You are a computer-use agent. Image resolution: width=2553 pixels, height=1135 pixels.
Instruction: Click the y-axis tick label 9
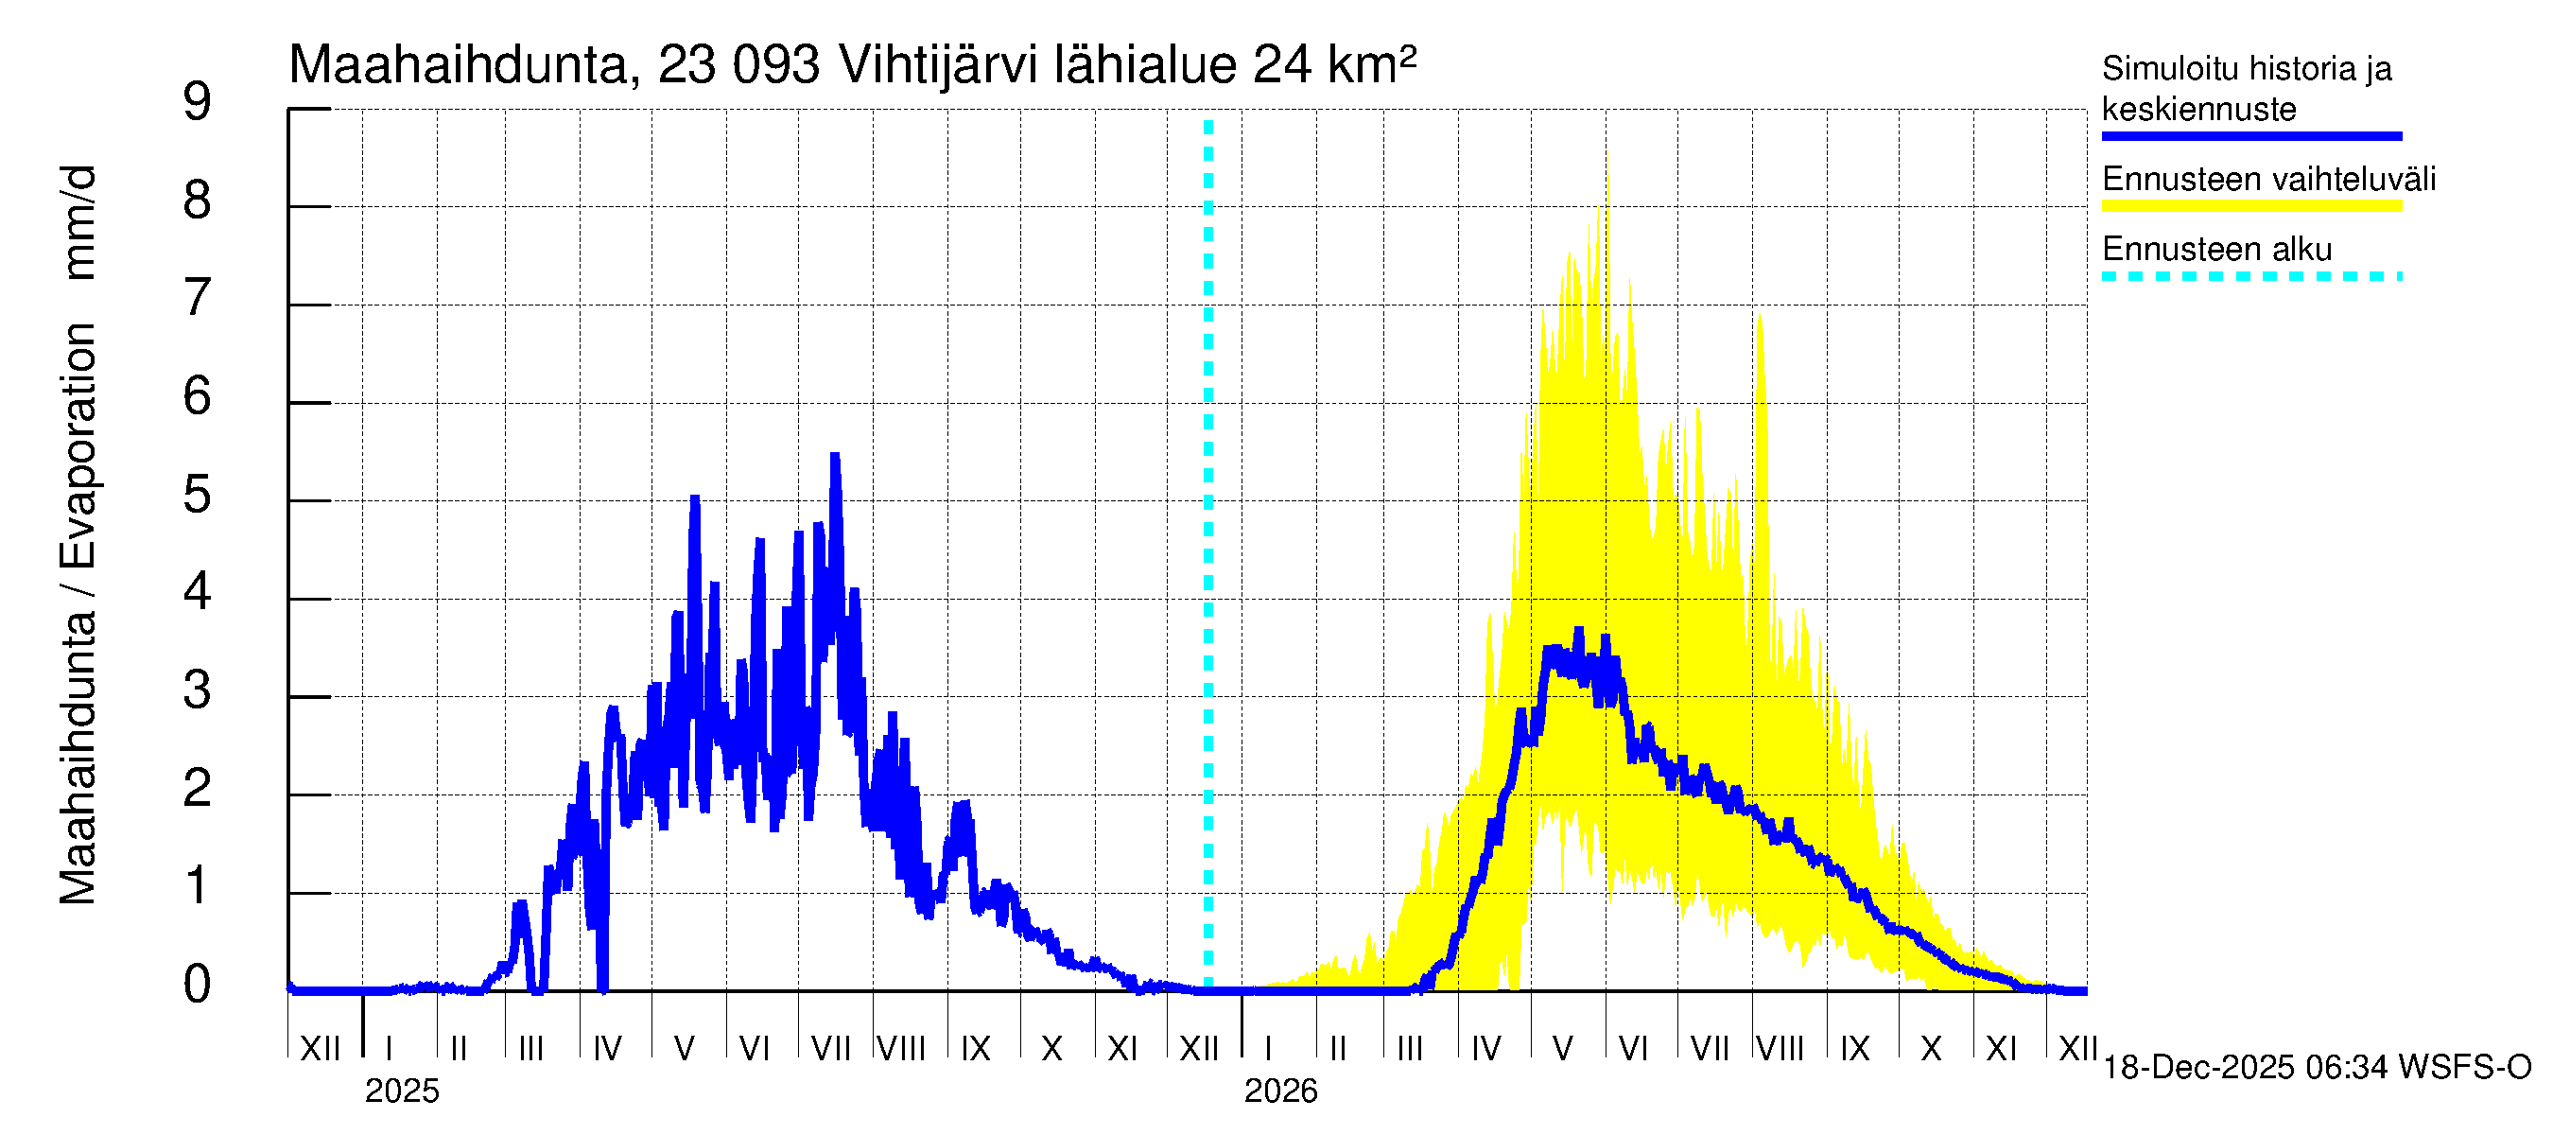tap(198, 102)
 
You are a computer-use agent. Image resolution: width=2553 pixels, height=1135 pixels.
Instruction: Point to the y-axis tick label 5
tap(198, 495)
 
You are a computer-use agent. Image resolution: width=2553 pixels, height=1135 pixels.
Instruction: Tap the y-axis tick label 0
tap(198, 985)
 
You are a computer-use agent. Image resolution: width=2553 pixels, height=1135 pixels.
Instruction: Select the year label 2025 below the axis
tap(401, 1091)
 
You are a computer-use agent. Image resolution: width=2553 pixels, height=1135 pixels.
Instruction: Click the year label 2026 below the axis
tap(1280, 1091)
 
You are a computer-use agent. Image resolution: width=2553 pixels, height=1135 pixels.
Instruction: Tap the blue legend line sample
tap(2250, 136)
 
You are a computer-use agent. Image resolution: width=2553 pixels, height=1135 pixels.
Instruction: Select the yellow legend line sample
tap(2250, 206)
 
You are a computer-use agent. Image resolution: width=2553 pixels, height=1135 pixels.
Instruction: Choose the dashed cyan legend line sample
tap(2250, 276)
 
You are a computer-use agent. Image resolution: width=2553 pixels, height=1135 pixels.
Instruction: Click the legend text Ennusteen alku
tap(2217, 249)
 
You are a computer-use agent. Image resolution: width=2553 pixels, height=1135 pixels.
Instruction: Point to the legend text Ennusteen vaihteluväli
tap(2268, 180)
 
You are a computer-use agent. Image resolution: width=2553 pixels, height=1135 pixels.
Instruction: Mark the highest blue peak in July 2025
tap(835, 457)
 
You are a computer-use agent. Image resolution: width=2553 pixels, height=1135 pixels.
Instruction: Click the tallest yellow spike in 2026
tap(1606, 154)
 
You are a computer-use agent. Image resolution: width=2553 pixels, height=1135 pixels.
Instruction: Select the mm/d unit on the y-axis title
tap(78, 222)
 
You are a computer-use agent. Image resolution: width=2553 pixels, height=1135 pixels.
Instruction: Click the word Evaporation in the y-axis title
tap(78, 445)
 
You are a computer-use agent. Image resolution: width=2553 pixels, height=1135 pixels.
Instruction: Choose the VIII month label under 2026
tap(1780, 1048)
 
